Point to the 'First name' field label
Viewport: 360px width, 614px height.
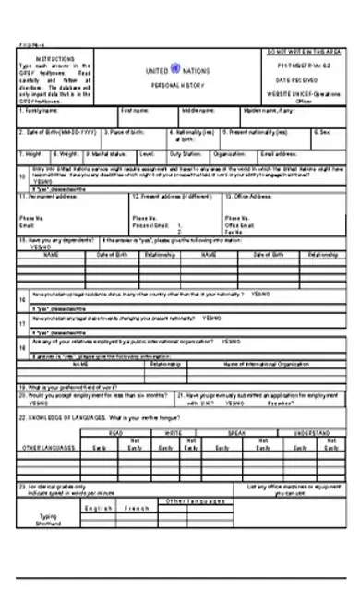pyautogui.click(x=135, y=110)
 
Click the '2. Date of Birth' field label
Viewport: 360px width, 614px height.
pyautogui.click(x=51, y=132)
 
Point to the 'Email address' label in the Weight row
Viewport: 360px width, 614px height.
pyautogui.click(x=281, y=154)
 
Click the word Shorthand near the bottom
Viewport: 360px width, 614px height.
pyautogui.click(x=52, y=524)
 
